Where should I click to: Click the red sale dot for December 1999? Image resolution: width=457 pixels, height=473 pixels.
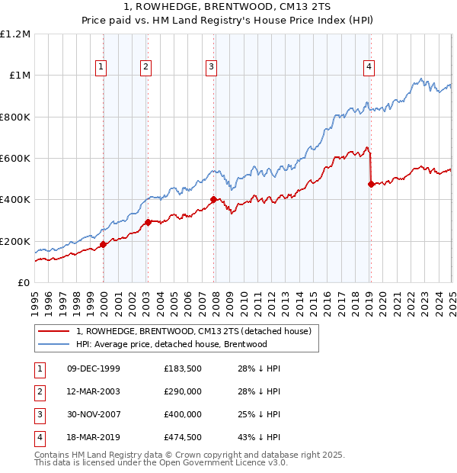point(103,245)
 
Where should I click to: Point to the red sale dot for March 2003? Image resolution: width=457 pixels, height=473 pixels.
point(148,223)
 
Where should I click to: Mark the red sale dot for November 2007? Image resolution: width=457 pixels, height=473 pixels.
point(213,200)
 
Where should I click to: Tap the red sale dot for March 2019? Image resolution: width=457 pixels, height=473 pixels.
point(371,184)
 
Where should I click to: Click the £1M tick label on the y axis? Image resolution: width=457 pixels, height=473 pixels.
point(19,76)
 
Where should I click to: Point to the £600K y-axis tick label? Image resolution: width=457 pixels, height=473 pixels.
point(15,159)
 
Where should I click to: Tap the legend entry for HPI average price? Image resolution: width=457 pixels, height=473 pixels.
point(171,344)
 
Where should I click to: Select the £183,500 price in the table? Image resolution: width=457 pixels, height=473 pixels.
point(182,368)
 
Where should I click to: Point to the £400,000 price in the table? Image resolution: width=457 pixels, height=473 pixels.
point(182,414)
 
